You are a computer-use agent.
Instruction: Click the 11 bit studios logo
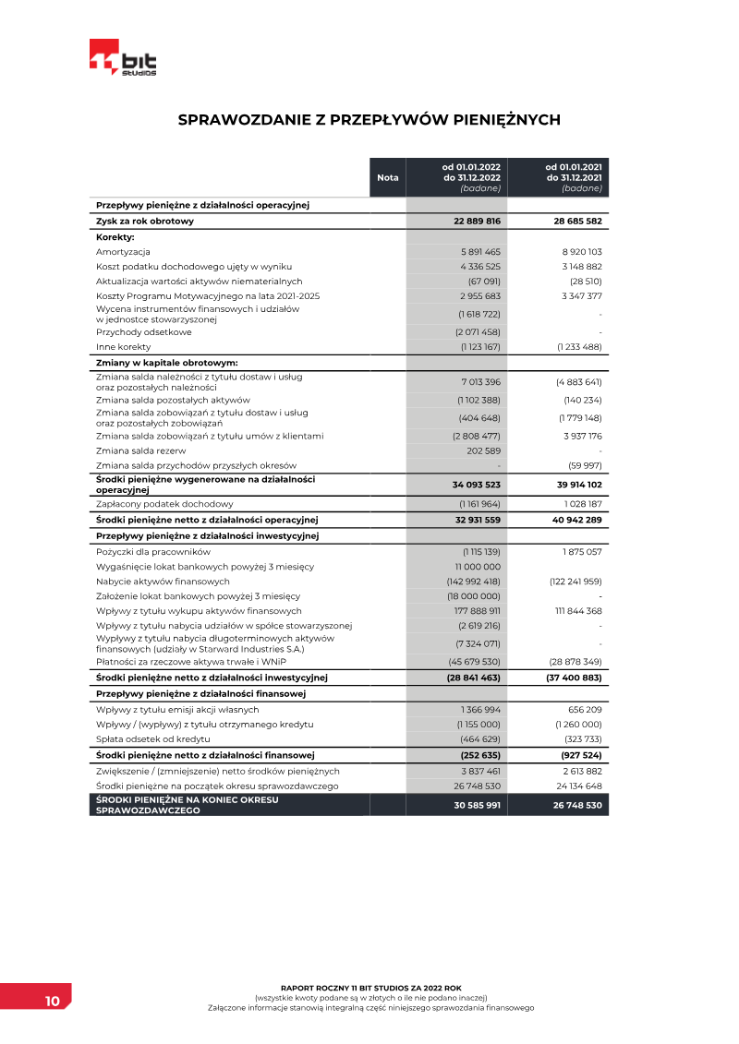123,58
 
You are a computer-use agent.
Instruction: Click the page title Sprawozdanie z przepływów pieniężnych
369,120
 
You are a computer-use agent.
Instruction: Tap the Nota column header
388,177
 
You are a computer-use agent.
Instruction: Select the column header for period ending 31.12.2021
573,177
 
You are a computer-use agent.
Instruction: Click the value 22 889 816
477,222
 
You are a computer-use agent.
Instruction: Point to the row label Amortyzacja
123,252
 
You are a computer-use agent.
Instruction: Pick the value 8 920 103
581,252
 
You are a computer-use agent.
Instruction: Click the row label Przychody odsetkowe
143,332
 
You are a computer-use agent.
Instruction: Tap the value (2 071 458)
478,332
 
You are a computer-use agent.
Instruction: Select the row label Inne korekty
123,347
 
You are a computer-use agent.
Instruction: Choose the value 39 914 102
578,485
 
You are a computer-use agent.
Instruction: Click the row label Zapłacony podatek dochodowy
164,504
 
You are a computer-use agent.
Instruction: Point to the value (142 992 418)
473,582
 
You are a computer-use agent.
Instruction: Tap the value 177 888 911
477,611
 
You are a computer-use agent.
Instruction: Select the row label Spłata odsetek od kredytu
153,739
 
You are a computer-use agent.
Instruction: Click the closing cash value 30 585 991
477,805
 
